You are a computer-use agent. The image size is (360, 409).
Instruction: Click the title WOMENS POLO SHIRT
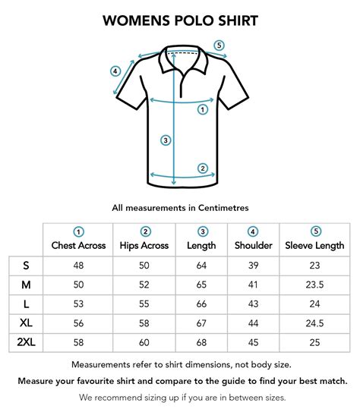coord(180,20)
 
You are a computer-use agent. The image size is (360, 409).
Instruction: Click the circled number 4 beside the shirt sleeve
coord(115,71)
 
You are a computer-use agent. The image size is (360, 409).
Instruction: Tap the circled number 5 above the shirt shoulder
coord(219,46)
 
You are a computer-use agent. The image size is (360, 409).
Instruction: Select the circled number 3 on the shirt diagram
coord(165,140)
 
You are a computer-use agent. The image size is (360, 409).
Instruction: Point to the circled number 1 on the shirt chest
coord(203,109)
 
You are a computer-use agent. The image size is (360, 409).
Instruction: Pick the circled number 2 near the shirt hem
coord(203,168)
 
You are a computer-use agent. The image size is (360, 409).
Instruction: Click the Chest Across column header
coord(78,245)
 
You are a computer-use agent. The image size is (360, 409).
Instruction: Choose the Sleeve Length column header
coord(315,245)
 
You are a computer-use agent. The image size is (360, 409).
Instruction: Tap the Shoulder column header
coord(253,245)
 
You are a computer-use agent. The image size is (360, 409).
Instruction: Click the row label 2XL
coord(26,343)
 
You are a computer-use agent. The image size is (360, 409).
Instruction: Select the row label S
coord(26,266)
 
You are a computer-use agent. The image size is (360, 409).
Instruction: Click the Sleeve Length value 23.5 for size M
coord(315,285)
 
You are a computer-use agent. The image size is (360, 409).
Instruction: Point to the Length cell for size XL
coord(202,323)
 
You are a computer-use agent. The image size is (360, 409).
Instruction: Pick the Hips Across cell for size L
coord(144,304)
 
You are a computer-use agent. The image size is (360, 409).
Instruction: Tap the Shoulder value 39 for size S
coord(253,266)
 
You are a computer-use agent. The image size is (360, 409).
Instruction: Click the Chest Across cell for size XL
coord(78,323)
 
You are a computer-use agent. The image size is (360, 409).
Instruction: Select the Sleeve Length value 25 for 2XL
coord(315,343)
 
